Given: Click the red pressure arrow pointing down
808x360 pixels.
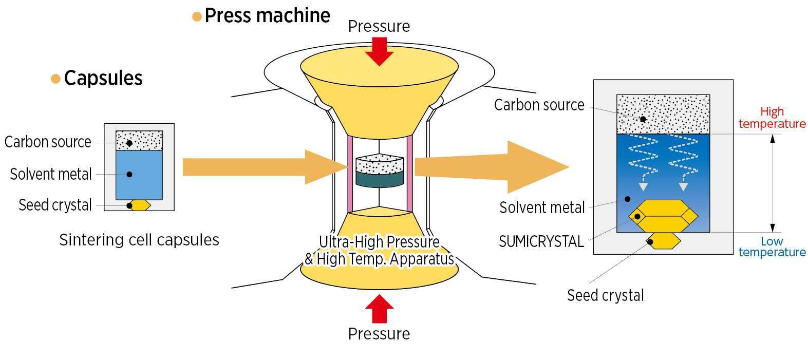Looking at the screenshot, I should (x=379, y=52).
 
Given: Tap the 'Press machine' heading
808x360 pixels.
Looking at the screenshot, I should (x=267, y=15).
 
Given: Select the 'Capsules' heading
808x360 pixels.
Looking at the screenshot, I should (x=103, y=78).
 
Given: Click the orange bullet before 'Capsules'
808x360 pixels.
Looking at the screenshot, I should (x=55, y=79).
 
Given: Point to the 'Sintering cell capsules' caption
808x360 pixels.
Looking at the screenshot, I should (x=139, y=240).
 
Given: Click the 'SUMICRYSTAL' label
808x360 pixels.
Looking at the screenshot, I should (x=541, y=241).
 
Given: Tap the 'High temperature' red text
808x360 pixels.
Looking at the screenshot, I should (x=772, y=118).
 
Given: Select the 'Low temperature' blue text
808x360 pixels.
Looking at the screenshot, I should (x=772, y=247).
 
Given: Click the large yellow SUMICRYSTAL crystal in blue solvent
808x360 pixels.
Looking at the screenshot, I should (x=663, y=216).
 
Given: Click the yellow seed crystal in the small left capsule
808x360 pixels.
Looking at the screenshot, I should (x=140, y=205).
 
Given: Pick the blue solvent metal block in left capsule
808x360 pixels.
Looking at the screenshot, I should (x=139, y=175).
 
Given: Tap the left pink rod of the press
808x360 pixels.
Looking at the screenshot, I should (x=350, y=174).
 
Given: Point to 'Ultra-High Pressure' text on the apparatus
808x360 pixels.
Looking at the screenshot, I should (x=379, y=241).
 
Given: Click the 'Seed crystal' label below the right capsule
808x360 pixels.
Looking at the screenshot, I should (x=605, y=295).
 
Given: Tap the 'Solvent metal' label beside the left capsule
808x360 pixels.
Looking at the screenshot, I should (x=51, y=174).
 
